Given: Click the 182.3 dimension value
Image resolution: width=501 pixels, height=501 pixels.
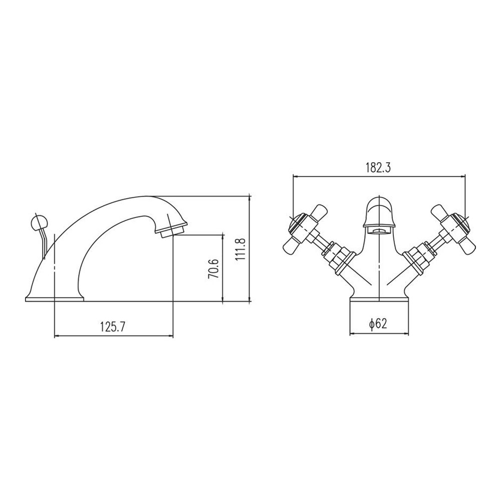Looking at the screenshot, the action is [378, 168].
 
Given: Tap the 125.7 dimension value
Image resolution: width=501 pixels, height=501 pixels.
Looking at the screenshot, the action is [113, 327].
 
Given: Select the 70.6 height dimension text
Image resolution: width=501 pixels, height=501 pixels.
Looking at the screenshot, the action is [213, 269].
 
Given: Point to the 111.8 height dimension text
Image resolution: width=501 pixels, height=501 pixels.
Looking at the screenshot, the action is [240, 249].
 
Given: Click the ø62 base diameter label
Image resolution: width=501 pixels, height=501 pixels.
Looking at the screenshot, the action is [378, 324].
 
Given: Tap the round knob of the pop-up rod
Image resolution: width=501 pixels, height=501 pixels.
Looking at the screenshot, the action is [38, 222].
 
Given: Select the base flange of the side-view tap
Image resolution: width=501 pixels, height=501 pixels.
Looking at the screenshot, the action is [54, 299].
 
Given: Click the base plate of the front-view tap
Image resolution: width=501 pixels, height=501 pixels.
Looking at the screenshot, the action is [379, 299].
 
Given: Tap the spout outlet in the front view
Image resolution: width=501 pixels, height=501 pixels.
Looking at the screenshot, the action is [379, 230].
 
